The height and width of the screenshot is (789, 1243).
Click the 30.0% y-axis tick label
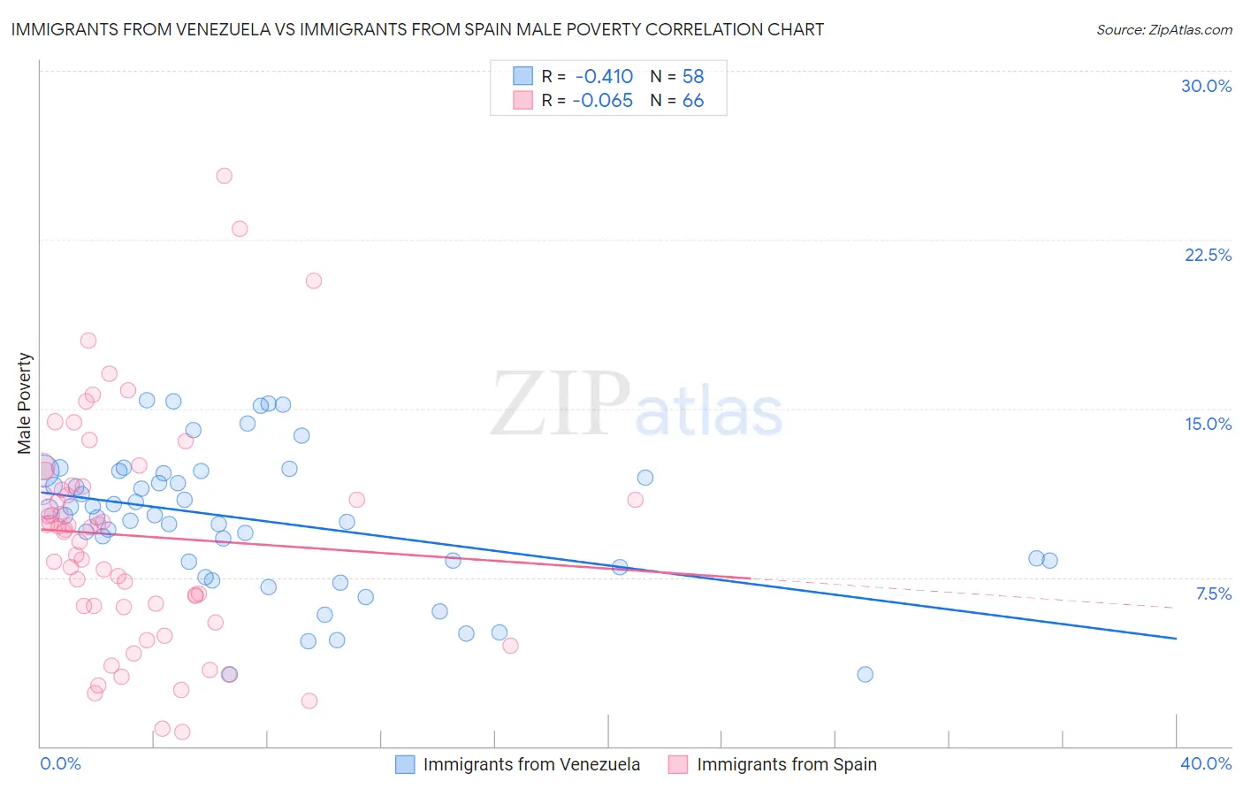click(x=1206, y=86)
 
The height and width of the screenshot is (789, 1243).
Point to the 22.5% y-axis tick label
click(x=1208, y=255)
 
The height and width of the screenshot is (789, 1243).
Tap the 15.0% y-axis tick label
click(x=1208, y=424)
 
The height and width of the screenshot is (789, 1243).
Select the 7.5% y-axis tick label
click(x=1213, y=594)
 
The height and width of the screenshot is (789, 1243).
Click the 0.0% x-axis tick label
click(x=61, y=763)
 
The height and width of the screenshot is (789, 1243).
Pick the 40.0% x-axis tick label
click(x=1205, y=763)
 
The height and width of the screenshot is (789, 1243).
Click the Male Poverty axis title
click(x=25, y=403)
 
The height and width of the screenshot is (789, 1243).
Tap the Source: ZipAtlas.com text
click(x=1163, y=29)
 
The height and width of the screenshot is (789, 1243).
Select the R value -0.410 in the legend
click(x=604, y=76)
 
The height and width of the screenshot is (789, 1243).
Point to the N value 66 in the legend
click(x=693, y=101)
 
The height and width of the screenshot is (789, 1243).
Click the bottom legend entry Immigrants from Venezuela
click(x=531, y=764)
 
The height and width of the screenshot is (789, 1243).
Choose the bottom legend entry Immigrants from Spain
click(x=786, y=764)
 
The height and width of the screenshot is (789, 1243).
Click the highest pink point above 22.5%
click(x=225, y=176)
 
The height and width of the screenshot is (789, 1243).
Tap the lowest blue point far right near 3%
click(x=866, y=674)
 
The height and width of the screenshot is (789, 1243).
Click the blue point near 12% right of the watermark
click(x=645, y=478)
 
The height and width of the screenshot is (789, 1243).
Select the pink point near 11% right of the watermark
click(x=635, y=500)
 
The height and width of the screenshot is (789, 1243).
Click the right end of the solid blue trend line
click(x=1176, y=638)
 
